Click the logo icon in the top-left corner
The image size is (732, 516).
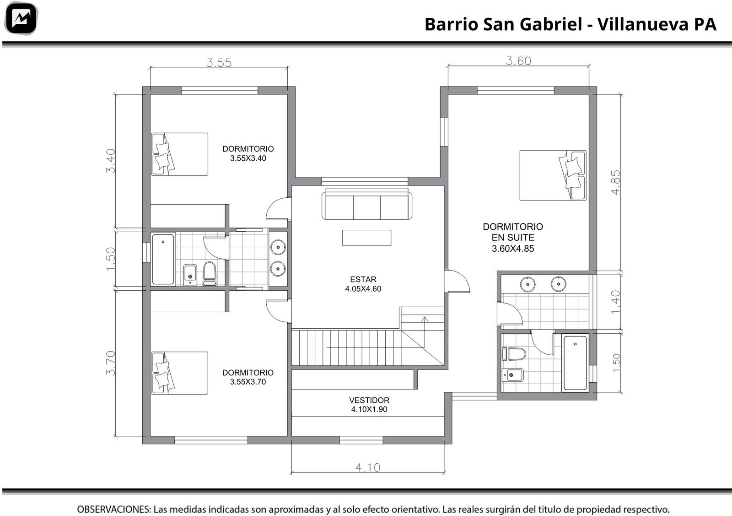(21, 18)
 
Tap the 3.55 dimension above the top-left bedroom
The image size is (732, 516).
(219, 62)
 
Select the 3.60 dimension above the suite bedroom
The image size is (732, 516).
(519, 61)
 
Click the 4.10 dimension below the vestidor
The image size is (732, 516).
(368, 467)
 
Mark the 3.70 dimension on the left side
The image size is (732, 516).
(111, 363)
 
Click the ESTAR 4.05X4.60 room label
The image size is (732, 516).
(363, 284)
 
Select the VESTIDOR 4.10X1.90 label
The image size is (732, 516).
(369, 404)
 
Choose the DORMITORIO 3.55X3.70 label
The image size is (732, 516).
(248, 377)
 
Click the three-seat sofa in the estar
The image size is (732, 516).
(366, 204)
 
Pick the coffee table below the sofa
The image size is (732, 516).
(366, 238)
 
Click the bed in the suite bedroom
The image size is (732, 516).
(553, 175)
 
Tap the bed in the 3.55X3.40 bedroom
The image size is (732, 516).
(179, 154)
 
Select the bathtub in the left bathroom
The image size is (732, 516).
(163, 259)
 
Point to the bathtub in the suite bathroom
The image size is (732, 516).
(576, 363)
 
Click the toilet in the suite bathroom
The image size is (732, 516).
(514, 354)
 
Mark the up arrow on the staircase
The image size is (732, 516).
(425, 332)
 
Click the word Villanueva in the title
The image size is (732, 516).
(643, 24)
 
